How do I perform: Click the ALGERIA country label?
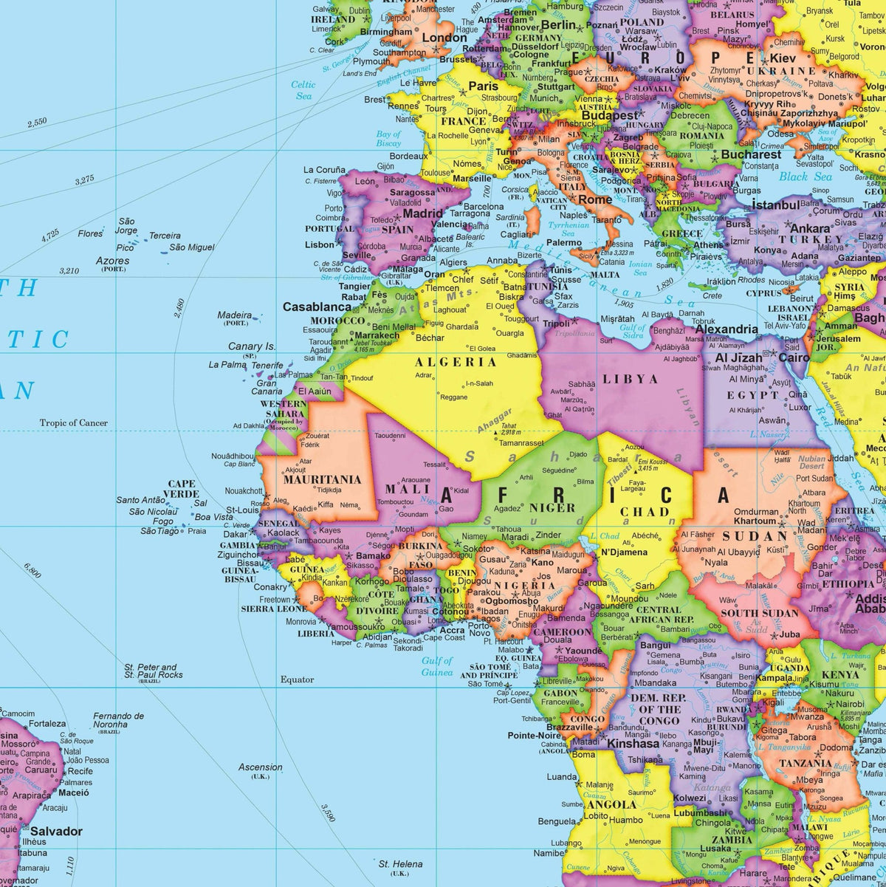[x=456, y=362]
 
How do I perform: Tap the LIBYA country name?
[x=630, y=379]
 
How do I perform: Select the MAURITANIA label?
[x=322, y=479]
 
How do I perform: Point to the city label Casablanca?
[x=317, y=306]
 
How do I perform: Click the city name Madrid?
[x=422, y=213]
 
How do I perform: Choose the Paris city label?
[x=484, y=86]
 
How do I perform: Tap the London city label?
[x=444, y=38]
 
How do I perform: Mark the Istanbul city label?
[x=772, y=205]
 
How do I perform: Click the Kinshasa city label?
[x=632, y=744]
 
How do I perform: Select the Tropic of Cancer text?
[x=74, y=423]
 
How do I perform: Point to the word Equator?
[x=297, y=679]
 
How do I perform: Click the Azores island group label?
[x=112, y=261]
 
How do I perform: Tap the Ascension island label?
[x=260, y=767]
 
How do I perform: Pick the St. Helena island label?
[x=401, y=864]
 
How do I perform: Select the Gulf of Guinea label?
[x=437, y=666]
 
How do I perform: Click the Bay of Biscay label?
[x=388, y=139]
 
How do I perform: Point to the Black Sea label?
[x=805, y=177]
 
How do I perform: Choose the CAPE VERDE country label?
[x=182, y=489]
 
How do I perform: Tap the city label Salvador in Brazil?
[x=56, y=831]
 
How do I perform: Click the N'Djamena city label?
[x=624, y=552]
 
